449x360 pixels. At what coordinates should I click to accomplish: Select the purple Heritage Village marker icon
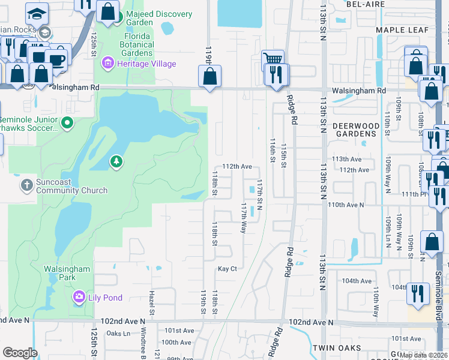tap(108, 62)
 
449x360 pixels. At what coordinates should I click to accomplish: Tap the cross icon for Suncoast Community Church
tap(27, 185)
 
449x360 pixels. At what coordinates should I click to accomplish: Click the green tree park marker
tap(116, 161)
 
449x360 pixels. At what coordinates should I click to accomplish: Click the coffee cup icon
tap(56, 59)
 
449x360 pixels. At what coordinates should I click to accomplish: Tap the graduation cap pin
tap(37, 13)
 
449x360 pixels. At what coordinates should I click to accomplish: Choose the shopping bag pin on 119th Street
tap(210, 76)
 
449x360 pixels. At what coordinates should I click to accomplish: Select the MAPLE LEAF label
tap(402, 30)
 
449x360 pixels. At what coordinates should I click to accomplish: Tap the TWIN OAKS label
tap(336, 348)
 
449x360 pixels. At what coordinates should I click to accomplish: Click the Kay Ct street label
tap(228, 269)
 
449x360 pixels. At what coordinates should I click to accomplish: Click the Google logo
tap(20, 353)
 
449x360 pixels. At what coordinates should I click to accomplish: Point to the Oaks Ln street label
tap(118, 334)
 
